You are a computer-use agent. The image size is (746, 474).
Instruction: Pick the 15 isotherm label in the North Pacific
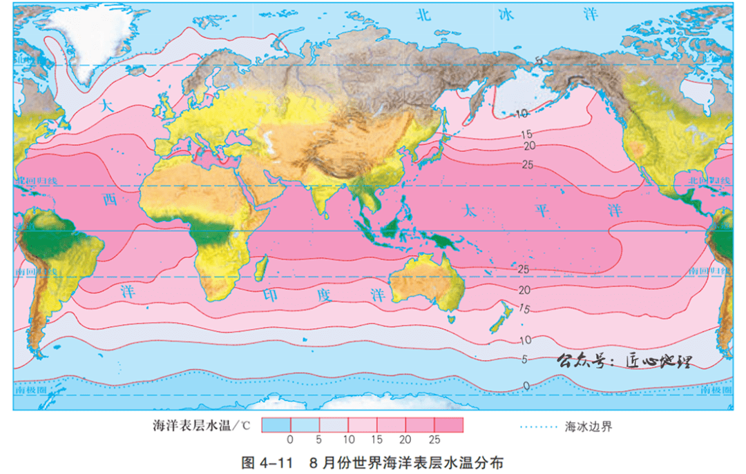(x=526, y=134)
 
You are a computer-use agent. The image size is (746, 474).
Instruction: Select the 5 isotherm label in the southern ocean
(x=525, y=359)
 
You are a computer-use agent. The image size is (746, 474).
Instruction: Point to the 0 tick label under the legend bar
(x=290, y=439)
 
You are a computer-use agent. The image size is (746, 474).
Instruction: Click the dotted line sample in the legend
(x=537, y=426)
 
